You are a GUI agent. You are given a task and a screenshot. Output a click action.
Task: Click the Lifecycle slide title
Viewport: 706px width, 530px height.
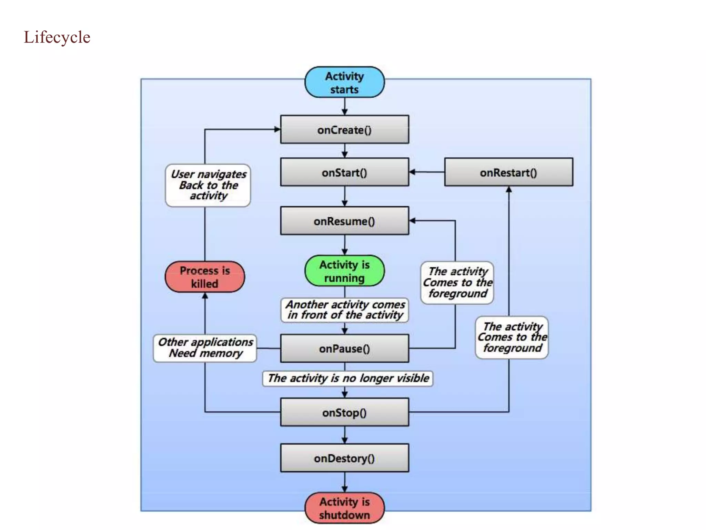[x=57, y=37]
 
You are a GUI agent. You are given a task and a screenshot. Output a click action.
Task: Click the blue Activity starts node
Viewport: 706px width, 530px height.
[x=344, y=82]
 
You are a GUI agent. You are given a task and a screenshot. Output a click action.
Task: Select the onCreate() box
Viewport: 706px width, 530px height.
[x=344, y=130]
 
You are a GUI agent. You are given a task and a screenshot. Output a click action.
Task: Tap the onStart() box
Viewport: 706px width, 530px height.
[x=344, y=172]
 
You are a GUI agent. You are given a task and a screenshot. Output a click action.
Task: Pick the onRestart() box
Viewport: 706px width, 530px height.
[x=508, y=172]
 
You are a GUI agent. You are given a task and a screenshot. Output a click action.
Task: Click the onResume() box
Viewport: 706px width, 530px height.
[x=344, y=221]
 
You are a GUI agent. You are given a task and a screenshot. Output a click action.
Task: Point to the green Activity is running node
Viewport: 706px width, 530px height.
[x=344, y=271]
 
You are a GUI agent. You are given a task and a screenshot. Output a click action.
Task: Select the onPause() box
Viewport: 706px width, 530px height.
[x=344, y=349]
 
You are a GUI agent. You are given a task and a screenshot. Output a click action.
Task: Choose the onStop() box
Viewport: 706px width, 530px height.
[x=344, y=412]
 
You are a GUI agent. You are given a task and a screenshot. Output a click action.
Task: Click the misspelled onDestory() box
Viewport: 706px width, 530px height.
[x=344, y=458]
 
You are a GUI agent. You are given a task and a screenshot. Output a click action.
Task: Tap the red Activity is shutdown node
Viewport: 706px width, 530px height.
[x=344, y=508]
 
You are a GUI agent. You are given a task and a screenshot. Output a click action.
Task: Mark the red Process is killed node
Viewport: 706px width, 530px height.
[x=205, y=277]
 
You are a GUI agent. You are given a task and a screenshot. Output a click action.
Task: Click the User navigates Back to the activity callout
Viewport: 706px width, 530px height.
[x=208, y=185]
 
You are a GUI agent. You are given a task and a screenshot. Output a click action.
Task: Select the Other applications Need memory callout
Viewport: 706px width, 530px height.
[x=205, y=348]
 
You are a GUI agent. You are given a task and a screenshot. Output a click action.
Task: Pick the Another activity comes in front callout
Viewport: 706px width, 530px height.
[x=345, y=310]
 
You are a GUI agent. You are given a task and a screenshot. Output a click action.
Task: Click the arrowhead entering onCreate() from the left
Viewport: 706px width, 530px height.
[x=277, y=129]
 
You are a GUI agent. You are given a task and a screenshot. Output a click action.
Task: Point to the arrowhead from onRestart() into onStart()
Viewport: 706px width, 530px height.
[x=412, y=172]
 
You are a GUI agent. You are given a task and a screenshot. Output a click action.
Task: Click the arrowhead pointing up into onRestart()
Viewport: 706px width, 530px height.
[x=509, y=189]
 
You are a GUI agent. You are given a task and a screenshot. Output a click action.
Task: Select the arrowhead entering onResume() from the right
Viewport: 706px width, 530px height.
[x=412, y=220]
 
